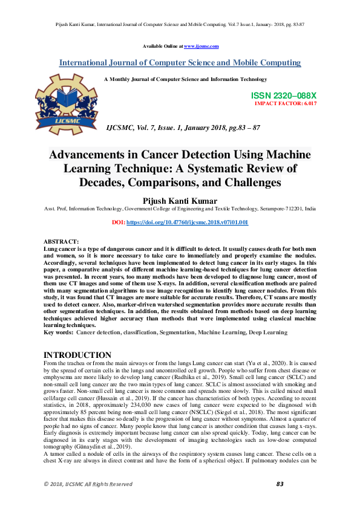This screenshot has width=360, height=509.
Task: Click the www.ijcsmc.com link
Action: pos(201,47)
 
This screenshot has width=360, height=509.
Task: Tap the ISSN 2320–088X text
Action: pos(283,96)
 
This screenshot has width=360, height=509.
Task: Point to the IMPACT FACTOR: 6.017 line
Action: pos(286,104)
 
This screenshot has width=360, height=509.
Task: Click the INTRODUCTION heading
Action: pos(77,355)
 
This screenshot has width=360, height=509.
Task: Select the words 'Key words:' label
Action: pos(59,332)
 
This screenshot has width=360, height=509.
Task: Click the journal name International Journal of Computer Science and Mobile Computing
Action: pos(180,63)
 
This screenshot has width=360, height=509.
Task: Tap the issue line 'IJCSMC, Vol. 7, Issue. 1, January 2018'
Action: pos(175,128)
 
